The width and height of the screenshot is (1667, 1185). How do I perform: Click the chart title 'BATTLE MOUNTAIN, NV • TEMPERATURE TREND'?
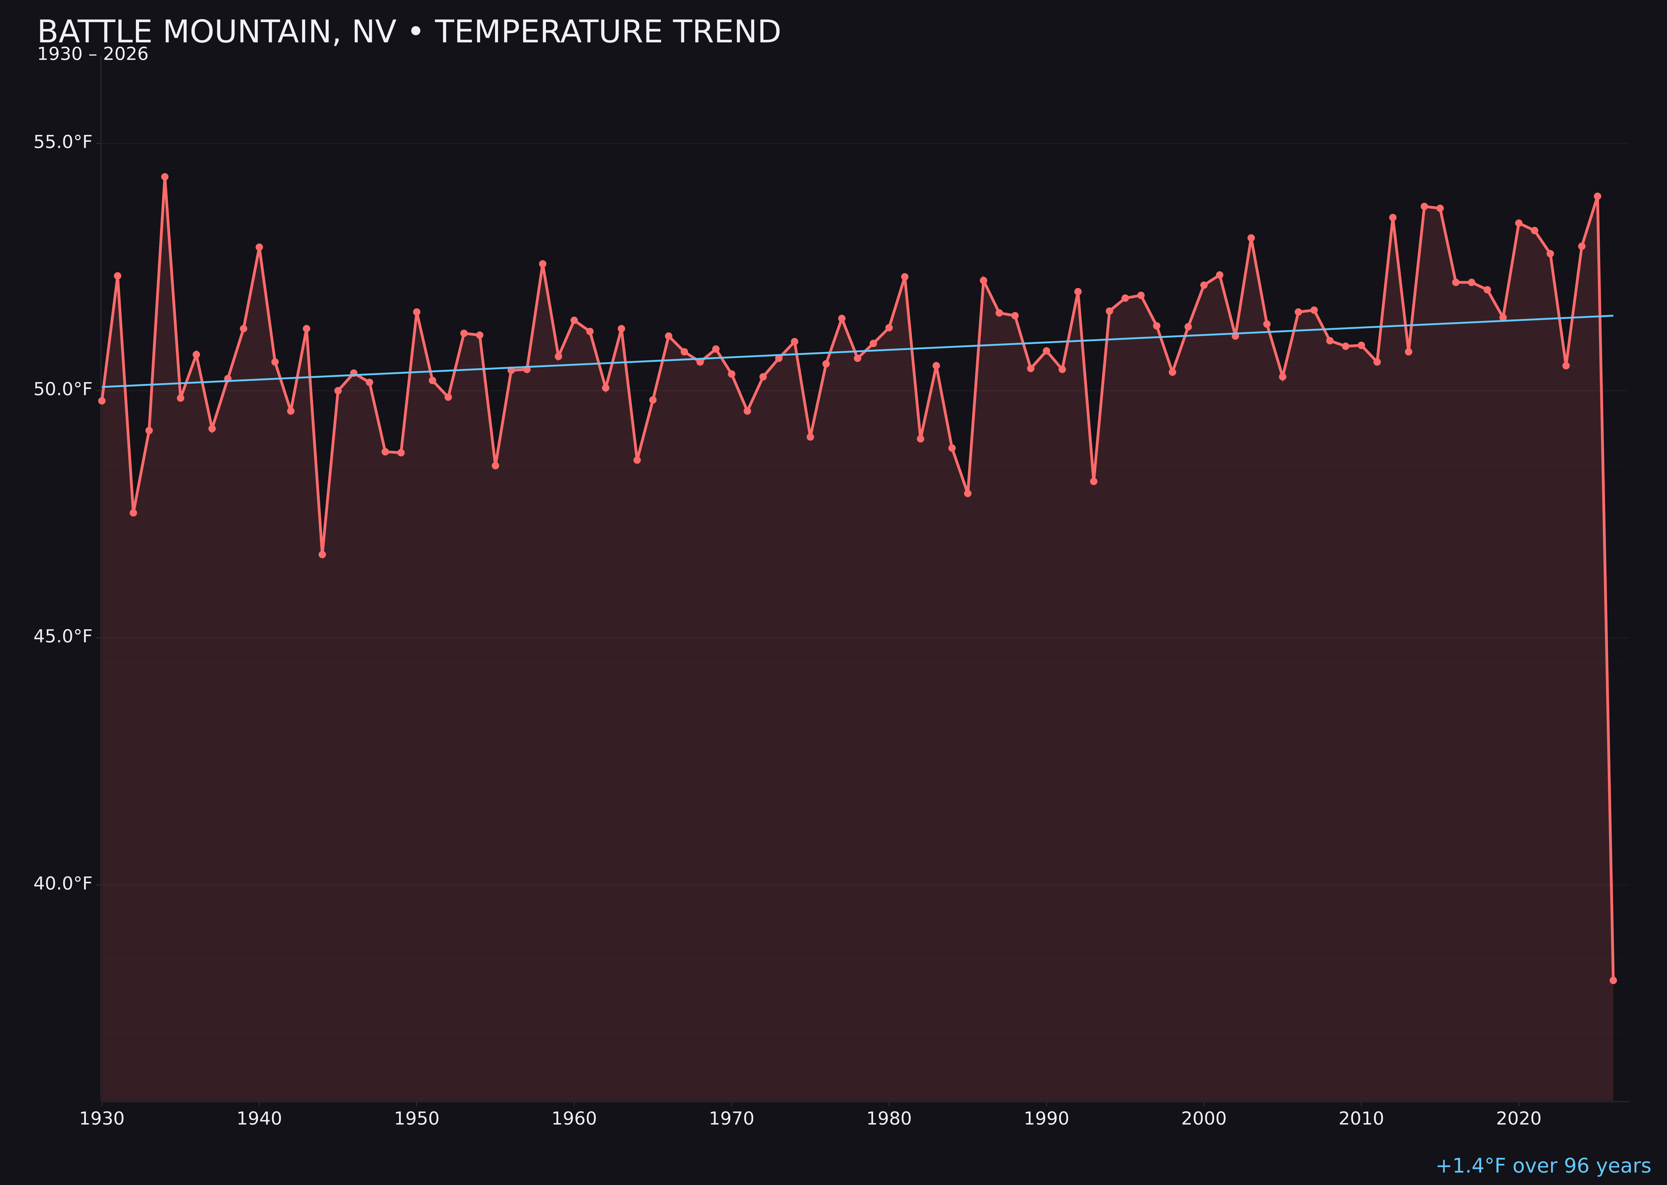(409, 32)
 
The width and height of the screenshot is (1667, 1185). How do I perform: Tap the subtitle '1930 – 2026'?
(93, 55)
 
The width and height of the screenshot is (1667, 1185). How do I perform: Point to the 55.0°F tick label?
(63, 142)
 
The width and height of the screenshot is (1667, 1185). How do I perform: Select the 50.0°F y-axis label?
(63, 389)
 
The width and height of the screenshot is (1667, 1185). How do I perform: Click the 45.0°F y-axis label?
(63, 636)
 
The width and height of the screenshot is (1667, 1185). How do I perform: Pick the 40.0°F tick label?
(63, 884)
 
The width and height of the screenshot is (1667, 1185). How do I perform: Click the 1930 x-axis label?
(101, 1119)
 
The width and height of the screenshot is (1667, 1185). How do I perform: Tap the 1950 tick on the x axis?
(417, 1119)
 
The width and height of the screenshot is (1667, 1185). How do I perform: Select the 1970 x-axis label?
(731, 1119)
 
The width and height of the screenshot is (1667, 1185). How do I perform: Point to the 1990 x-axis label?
(1046, 1119)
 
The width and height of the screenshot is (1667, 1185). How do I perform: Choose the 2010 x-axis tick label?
(1361, 1119)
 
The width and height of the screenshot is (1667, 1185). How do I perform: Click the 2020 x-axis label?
(1519, 1119)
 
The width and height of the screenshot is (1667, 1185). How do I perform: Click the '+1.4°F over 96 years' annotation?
(1543, 1166)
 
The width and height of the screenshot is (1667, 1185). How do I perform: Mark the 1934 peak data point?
(165, 177)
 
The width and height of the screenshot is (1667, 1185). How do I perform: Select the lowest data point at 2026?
(1613, 980)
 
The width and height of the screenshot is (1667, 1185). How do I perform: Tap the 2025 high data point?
(1597, 196)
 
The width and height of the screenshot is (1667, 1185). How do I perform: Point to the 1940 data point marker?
(259, 247)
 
